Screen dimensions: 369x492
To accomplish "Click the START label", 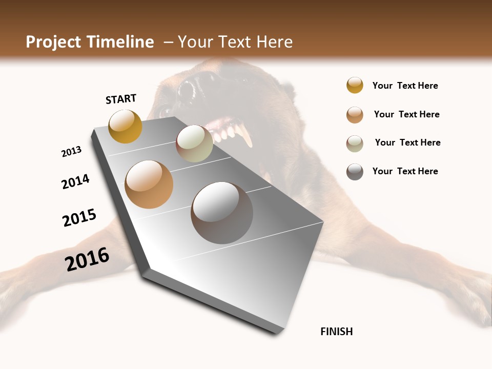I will pos(121,99).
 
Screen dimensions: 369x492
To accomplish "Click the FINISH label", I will pos(336,332).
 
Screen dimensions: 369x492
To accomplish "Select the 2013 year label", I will pos(71,152).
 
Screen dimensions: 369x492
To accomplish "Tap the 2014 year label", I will pos(75,182).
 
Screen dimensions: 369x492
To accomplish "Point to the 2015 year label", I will pos(79,218).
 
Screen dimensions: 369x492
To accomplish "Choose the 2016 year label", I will pos(87,259).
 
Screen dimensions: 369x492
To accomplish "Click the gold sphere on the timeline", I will pos(125,126).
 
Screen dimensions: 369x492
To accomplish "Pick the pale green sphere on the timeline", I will pos(194,143).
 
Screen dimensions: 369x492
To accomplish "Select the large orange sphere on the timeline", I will pos(149,184).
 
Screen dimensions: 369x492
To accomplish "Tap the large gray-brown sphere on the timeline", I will pos(222,213).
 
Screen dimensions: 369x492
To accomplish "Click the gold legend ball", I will pos(355,85).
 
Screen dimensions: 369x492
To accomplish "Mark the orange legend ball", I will pos(355,115).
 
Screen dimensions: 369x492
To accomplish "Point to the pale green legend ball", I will pos(355,143).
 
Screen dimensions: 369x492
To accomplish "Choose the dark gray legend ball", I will pos(355,172).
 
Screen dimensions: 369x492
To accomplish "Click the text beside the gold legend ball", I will pos(405,86).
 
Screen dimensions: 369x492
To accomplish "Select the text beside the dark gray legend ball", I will pos(405,171).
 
